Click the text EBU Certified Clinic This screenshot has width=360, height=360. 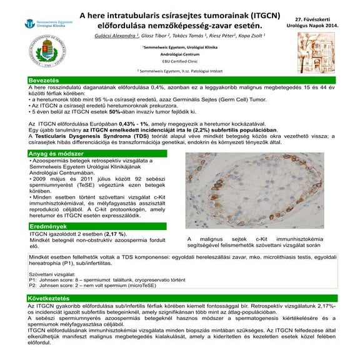coord(179,61)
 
